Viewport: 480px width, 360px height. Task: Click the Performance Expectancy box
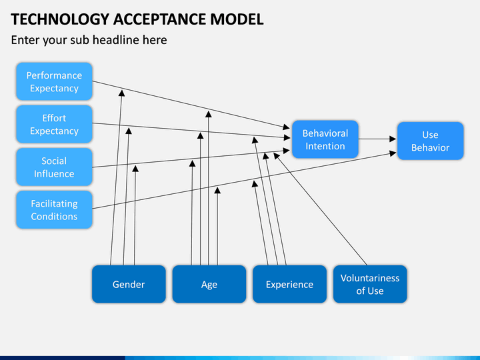tap(54, 81)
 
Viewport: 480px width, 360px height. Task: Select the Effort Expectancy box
tap(54, 124)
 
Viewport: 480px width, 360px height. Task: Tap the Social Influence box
tap(54, 167)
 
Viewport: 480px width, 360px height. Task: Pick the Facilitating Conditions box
tap(54, 210)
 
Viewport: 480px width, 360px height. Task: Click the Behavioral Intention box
tap(325, 139)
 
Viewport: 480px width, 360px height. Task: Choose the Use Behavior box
tap(431, 141)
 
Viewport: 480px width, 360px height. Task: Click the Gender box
tap(129, 284)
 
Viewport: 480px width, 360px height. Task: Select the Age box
tap(209, 284)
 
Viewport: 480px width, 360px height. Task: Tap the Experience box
tap(289, 284)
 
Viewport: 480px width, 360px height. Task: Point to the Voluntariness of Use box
tap(370, 284)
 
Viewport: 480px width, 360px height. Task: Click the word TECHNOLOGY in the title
tap(60, 19)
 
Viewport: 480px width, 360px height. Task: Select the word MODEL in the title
tap(237, 19)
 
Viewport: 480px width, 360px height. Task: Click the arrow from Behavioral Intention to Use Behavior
tap(377, 139)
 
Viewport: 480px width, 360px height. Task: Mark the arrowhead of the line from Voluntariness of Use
tap(277, 156)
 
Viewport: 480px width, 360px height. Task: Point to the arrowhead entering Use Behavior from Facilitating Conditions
tap(393, 153)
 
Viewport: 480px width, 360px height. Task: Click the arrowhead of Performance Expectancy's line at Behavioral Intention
tap(286, 127)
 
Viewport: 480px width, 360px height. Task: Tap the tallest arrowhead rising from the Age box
tap(209, 114)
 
